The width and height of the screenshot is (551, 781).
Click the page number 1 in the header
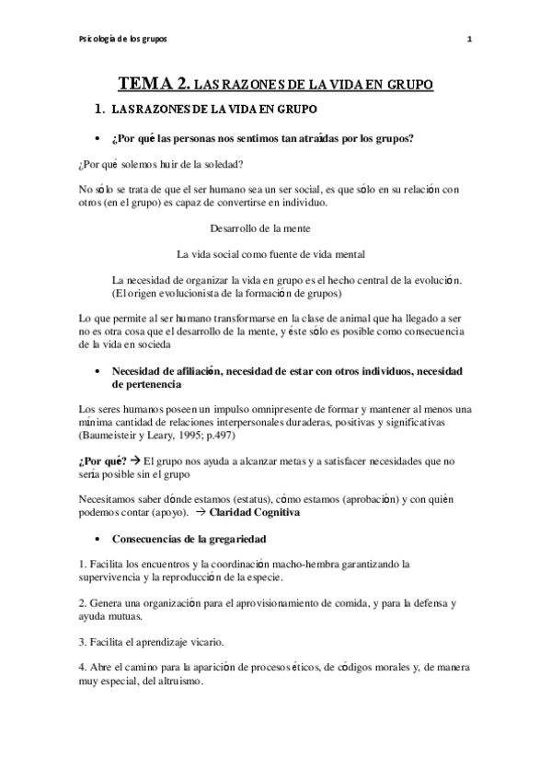pyautogui.click(x=470, y=39)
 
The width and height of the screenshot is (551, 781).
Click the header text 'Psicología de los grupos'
pyautogui.click(x=123, y=39)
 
